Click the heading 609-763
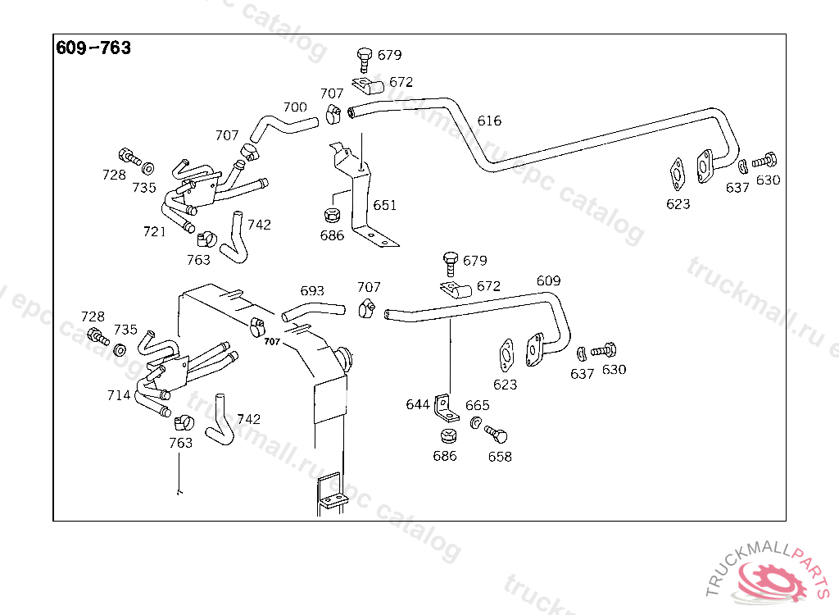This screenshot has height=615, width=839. [93, 48]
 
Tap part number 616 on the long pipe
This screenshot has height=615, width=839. [489, 121]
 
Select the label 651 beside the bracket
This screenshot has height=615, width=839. [385, 205]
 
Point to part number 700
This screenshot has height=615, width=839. [295, 107]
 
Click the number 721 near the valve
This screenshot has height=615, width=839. [155, 231]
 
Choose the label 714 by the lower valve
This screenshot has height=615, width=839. [119, 394]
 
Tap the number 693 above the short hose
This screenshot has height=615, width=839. [312, 290]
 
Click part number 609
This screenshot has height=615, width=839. [548, 280]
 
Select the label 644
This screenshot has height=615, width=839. [417, 404]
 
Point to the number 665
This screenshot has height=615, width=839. [478, 405]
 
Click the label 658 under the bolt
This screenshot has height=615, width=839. [500, 457]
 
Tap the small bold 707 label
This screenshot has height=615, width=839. [272, 342]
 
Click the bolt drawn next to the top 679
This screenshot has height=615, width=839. [365, 60]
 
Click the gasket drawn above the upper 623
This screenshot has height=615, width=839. [678, 174]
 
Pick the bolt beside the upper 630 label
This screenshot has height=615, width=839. [764, 160]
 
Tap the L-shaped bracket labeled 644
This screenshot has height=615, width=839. [446, 408]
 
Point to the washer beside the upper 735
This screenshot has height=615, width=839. [148, 169]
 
